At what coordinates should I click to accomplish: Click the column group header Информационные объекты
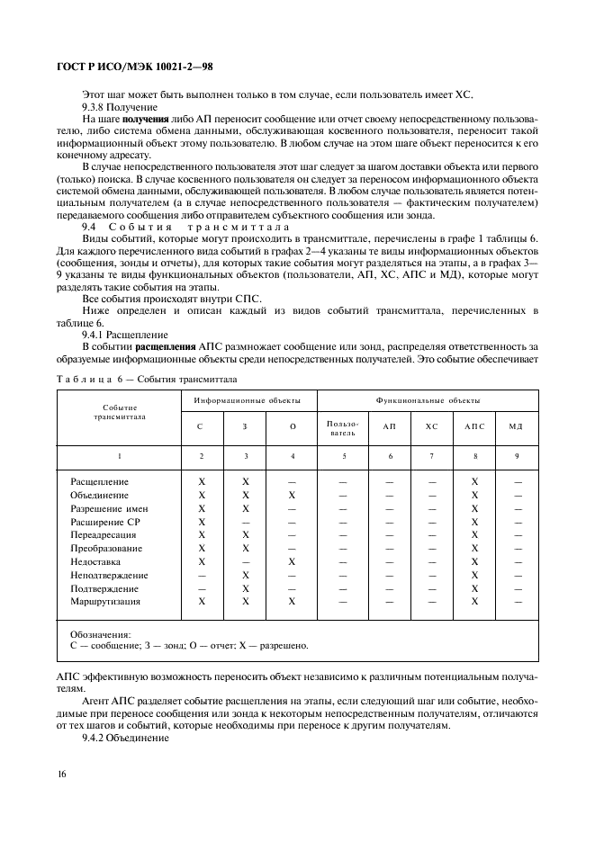pyautogui.click(x=247, y=399)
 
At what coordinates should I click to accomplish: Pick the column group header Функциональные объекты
pyautogui.click(x=428, y=399)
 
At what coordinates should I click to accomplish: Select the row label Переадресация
pyautogui.click(x=104, y=535)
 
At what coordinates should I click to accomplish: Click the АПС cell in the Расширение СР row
pyautogui.click(x=473, y=522)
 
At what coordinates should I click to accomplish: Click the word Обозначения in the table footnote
pyautogui.click(x=100, y=633)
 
